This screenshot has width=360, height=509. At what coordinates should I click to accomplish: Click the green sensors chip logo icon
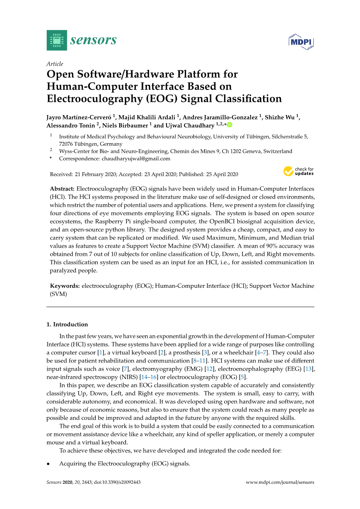[57, 40]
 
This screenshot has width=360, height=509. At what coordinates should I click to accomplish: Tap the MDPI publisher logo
[301, 42]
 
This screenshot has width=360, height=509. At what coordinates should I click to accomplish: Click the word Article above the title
[55, 64]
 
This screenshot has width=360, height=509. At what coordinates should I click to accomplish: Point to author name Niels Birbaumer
[125, 125]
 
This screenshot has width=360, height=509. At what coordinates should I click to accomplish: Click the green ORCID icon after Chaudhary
[230, 125]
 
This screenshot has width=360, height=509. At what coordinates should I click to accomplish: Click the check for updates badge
[299, 171]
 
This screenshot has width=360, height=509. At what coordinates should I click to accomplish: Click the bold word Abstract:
[62, 189]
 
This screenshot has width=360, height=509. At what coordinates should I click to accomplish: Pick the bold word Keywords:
[65, 286]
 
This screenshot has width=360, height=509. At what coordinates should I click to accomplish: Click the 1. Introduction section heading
[67, 324]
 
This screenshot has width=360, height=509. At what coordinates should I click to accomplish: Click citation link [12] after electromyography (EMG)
[209, 369]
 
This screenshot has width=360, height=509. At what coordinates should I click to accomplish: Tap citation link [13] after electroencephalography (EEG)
[308, 369]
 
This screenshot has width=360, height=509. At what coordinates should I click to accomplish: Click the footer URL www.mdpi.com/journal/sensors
[280, 482]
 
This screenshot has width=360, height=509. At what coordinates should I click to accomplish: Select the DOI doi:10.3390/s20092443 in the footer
[117, 482]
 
